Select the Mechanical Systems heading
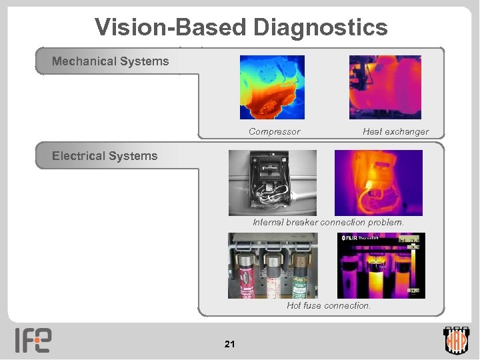click(x=111, y=61)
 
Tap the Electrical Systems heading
click(x=105, y=156)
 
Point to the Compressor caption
click(x=274, y=132)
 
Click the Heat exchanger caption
click(x=395, y=132)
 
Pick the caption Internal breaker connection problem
click(x=328, y=222)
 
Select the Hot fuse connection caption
click(x=329, y=305)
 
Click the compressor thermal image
click(x=272, y=87)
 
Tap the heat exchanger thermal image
click(x=385, y=87)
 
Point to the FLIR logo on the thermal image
click(x=351, y=238)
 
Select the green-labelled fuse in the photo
click(x=301, y=273)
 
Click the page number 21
click(x=230, y=344)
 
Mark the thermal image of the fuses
click(x=381, y=265)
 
